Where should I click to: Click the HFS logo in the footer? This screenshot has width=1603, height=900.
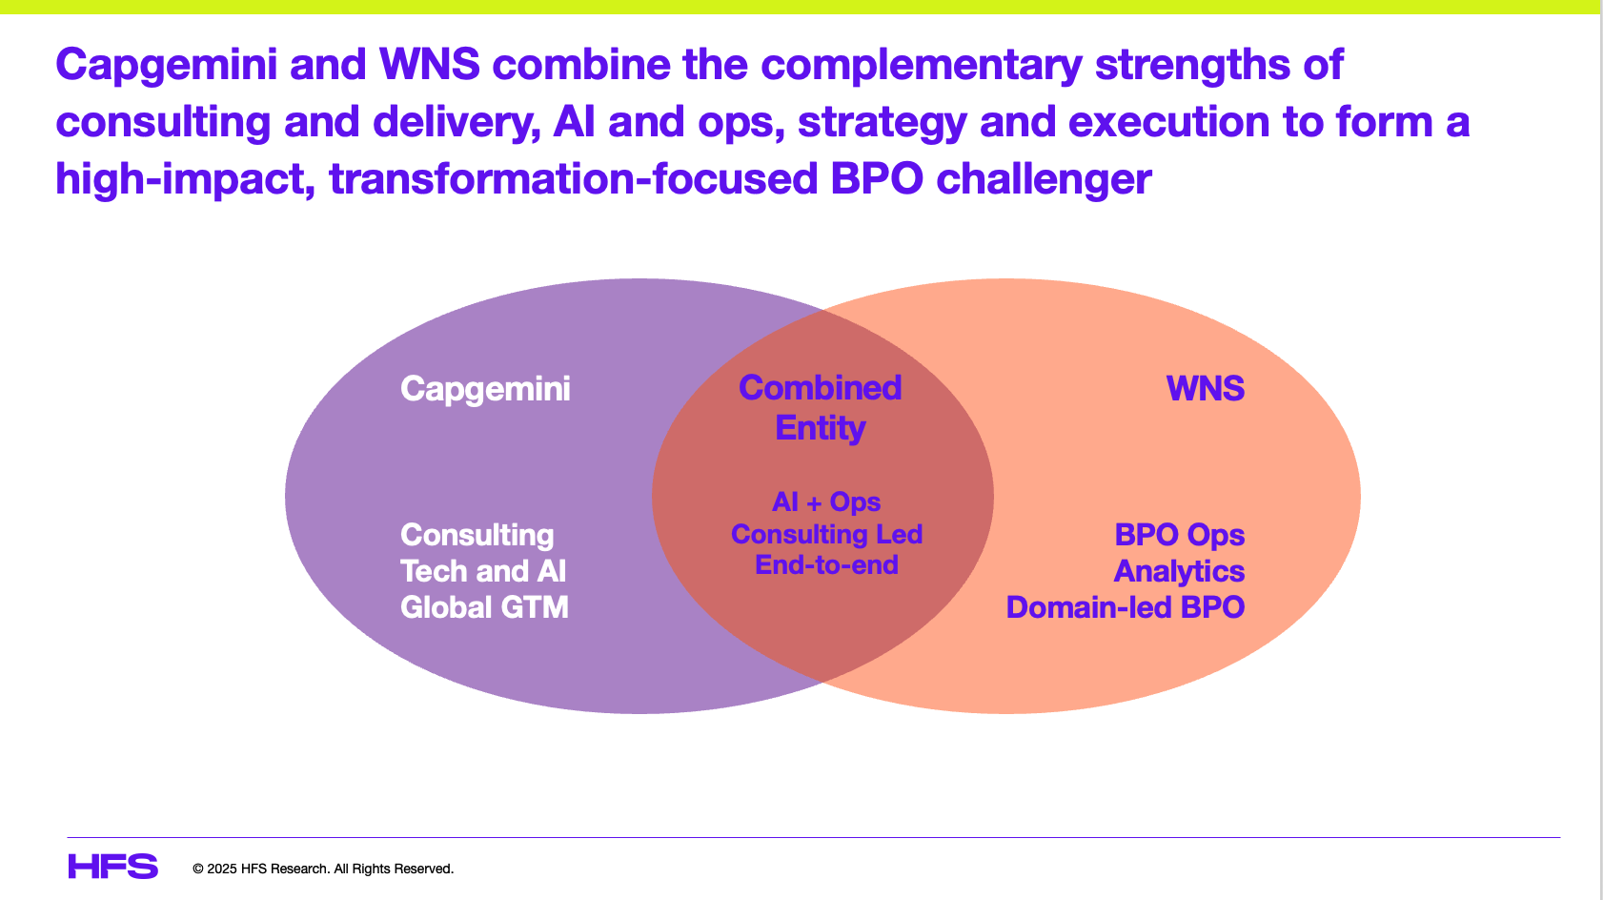tap(112, 867)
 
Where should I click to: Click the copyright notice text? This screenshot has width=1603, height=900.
tap(322, 869)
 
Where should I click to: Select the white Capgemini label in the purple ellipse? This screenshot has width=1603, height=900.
tap(485, 389)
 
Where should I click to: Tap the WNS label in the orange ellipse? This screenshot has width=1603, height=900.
tap(1205, 389)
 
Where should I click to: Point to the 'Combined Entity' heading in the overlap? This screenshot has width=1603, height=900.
tap(820, 407)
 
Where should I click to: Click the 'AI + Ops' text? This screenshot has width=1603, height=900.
tap(825, 501)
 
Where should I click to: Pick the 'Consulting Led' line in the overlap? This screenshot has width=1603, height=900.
tap(826, 534)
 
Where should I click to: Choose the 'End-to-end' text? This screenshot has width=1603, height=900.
tap(826, 565)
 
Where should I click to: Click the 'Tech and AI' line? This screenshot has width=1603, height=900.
tap(482, 571)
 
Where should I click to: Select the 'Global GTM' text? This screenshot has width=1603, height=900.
tap(484, 607)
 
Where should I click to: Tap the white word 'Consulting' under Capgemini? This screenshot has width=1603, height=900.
tap(477, 535)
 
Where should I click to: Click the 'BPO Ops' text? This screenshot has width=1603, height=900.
tap(1179, 535)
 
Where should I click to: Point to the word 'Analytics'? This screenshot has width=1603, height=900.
tap(1179, 571)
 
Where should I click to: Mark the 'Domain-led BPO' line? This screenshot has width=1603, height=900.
tap(1125, 607)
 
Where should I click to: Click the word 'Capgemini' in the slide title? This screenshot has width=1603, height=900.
tap(167, 65)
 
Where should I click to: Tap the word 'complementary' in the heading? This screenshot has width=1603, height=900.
tap(922, 65)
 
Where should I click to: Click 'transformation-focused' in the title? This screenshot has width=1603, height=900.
tap(573, 179)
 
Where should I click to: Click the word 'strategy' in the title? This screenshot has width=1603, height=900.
tap(882, 122)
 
